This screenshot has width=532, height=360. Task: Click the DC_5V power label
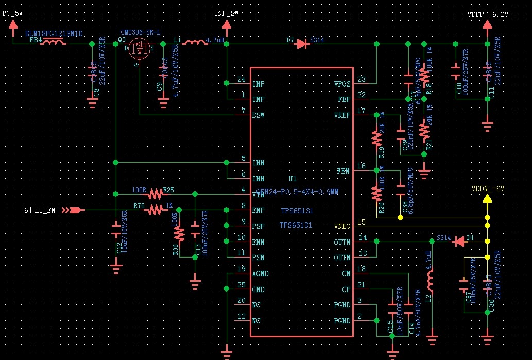click(13, 14)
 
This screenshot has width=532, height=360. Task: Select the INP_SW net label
click(227, 14)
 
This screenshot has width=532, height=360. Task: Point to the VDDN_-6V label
click(487, 189)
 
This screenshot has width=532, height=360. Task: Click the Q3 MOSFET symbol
click(140, 49)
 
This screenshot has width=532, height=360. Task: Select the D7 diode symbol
click(302, 44)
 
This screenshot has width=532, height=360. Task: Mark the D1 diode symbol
click(458, 242)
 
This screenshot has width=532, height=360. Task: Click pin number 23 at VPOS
click(361, 79)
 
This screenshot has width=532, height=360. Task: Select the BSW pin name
click(259, 115)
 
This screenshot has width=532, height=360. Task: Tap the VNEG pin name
click(341, 226)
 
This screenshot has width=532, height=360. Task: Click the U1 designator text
click(293, 179)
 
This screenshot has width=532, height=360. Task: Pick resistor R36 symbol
click(179, 234)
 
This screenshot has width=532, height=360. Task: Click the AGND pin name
click(261, 273)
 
